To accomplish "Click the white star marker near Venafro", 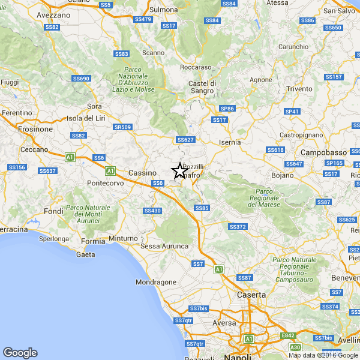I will pyautogui.click(x=179, y=171).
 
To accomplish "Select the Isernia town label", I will pyautogui.click(x=230, y=142).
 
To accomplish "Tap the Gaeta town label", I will pyautogui.click(x=86, y=254).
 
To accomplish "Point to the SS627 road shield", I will pyautogui.click(x=185, y=140).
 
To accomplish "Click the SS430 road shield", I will pyautogui.click(x=152, y=211).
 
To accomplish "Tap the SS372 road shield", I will pyautogui.click(x=238, y=226).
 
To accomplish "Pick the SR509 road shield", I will pyautogui.click(x=122, y=127).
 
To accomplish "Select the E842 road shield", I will pyautogui.click(x=288, y=335).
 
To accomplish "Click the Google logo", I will pyautogui.click(x=20, y=353).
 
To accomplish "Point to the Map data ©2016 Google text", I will pyautogui.click(x=323, y=355).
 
